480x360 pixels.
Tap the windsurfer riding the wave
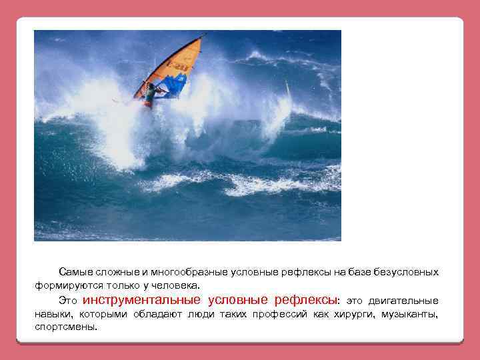pyautogui.click(x=150, y=94)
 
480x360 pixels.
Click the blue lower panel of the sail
pyautogui.click(x=174, y=86)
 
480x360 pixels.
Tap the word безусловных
pyautogui.click(x=407, y=272)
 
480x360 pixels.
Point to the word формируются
pyautogui.click(x=63, y=284)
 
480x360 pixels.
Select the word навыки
pyautogui.click(x=53, y=314)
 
